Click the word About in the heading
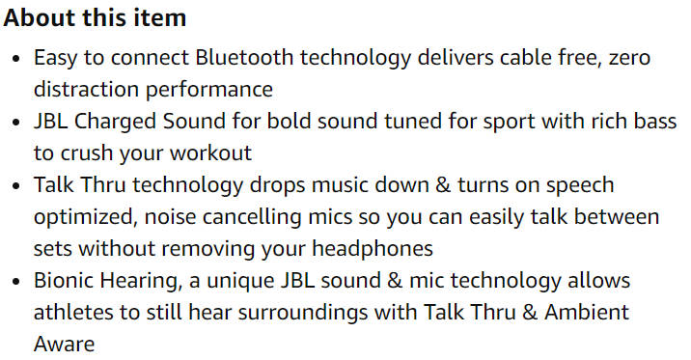click(x=37, y=18)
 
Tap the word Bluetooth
click(x=241, y=58)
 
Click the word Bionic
click(x=64, y=280)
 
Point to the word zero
click(x=629, y=58)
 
